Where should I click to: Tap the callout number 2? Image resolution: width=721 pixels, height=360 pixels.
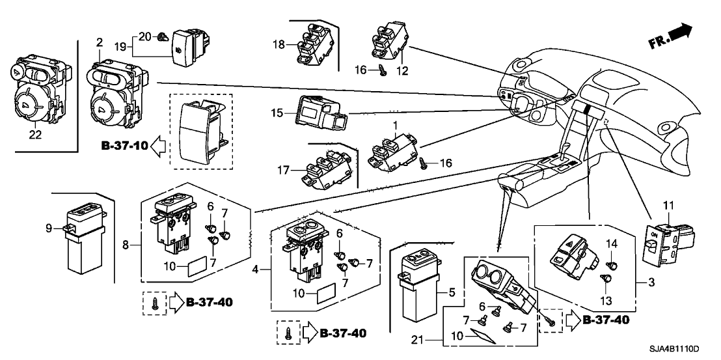(99, 43)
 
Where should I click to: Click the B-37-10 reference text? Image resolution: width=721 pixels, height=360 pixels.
(121, 146)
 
